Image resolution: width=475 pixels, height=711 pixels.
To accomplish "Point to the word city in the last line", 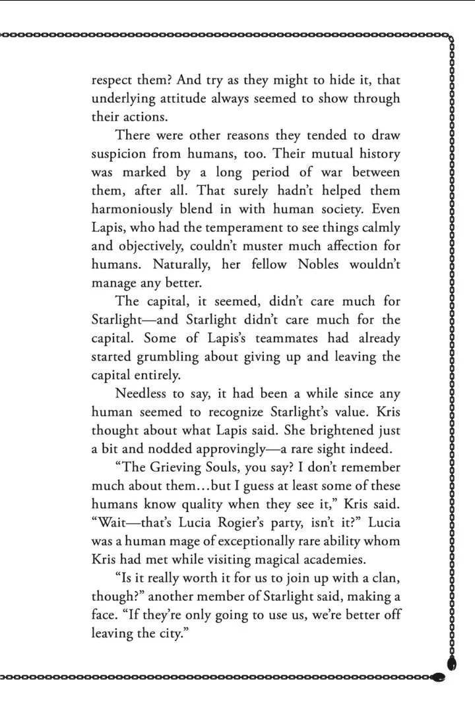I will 163,634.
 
